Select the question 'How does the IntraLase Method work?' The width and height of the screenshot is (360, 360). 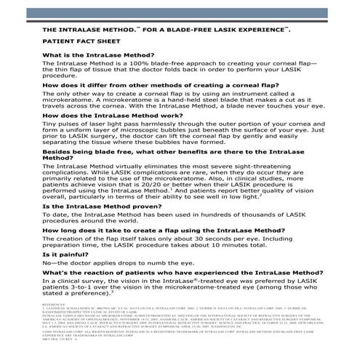click(x=115, y=115)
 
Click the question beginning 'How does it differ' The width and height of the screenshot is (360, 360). click(x=146, y=85)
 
